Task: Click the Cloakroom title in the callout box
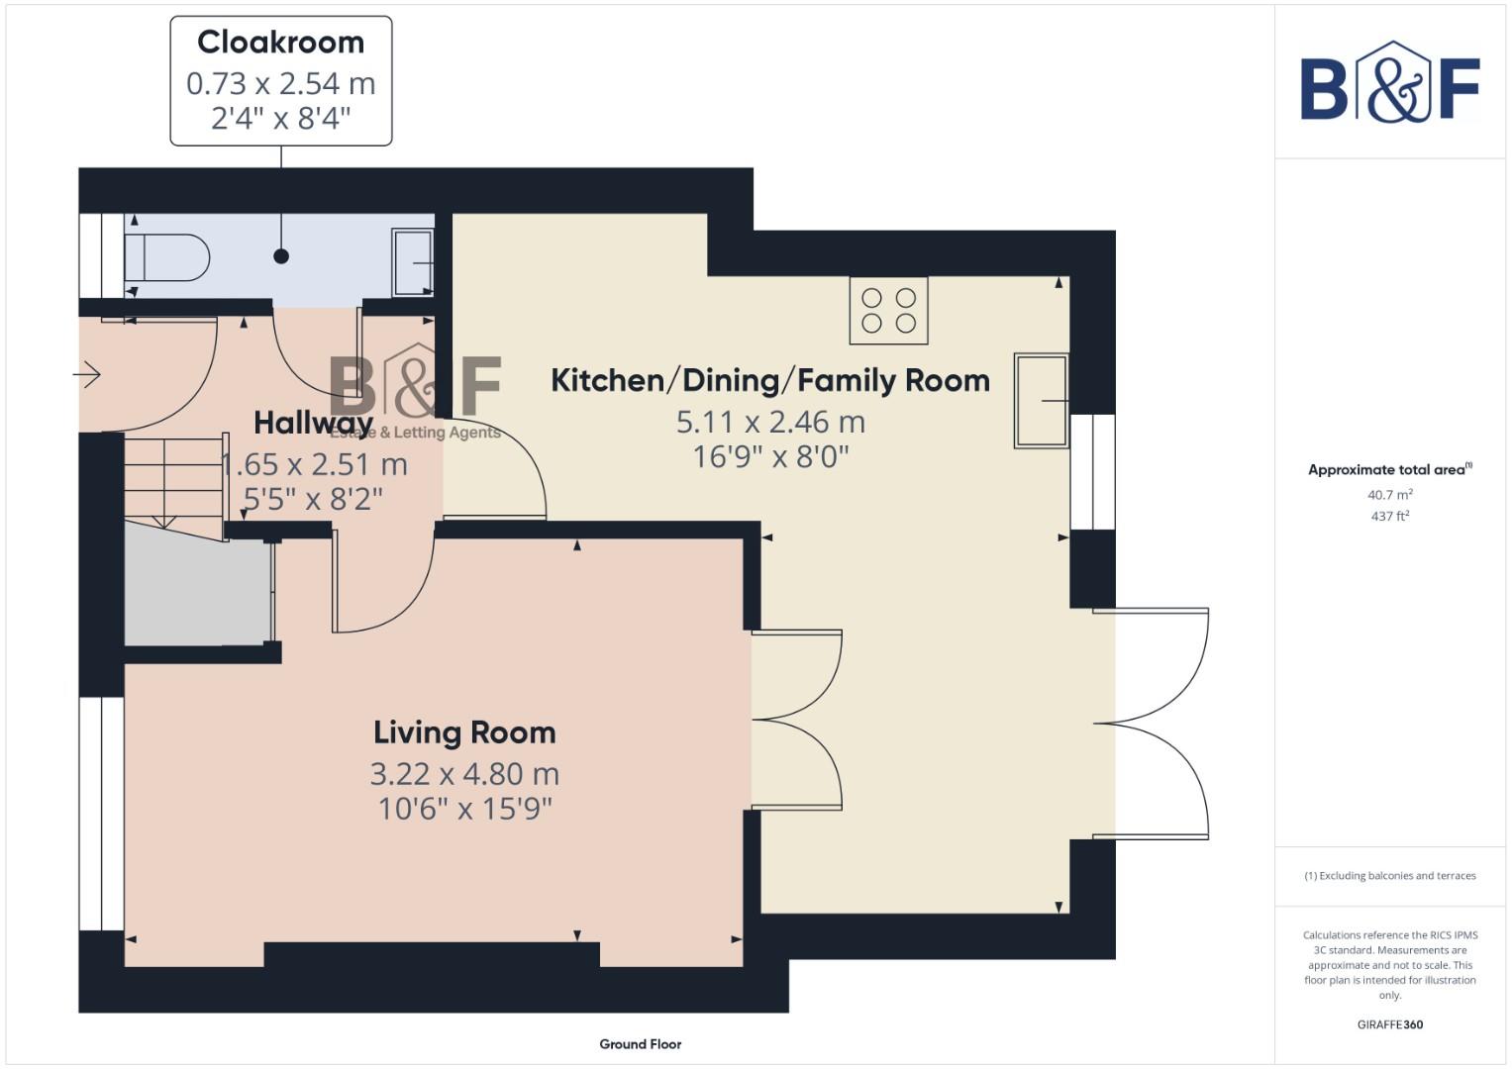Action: pos(280,43)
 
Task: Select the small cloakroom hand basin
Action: pos(413,262)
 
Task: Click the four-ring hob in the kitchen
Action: pos(888,310)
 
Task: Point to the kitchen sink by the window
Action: pos(1041,401)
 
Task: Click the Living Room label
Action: pos(463,732)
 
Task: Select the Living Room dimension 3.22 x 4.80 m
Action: pos(463,773)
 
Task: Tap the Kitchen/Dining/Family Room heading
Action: pos(769,380)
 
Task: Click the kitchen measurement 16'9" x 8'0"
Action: pos(770,456)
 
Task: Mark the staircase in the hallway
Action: pos(172,480)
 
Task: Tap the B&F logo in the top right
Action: pos(1389,84)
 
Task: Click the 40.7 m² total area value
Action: pos(1389,495)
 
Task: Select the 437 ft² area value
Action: pos(1389,517)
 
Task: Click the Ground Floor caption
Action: pos(640,1044)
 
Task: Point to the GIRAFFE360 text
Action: pos(1389,1024)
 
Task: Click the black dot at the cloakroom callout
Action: pos(281,256)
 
